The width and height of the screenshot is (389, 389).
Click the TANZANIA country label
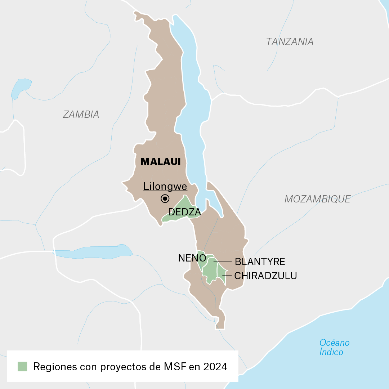pyautogui.click(x=290, y=42)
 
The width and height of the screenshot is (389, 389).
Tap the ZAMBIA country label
pyautogui.click(x=81, y=115)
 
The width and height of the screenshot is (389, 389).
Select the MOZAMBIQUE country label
pyautogui.click(x=317, y=199)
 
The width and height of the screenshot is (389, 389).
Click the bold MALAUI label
pyautogui.click(x=160, y=162)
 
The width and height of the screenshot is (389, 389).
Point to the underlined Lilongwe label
pyautogui.click(x=165, y=187)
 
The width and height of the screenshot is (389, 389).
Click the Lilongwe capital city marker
pyautogui.click(x=165, y=198)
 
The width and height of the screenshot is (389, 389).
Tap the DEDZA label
pyautogui.click(x=184, y=213)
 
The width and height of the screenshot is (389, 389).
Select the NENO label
pyautogui.click(x=192, y=258)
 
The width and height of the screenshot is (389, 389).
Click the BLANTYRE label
pyautogui.click(x=260, y=261)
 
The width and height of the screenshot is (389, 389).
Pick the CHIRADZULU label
pyautogui.click(x=265, y=276)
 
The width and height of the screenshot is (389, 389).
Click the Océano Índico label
pyautogui.click(x=334, y=347)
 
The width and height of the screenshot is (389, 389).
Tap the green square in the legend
pyautogui.click(x=22, y=367)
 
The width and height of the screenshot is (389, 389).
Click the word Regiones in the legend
pyautogui.click(x=55, y=367)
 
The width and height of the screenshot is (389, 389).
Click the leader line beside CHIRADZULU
pyautogui.click(x=227, y=276)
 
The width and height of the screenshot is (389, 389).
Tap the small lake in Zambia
pyautogui.click(x=21, y=86)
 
